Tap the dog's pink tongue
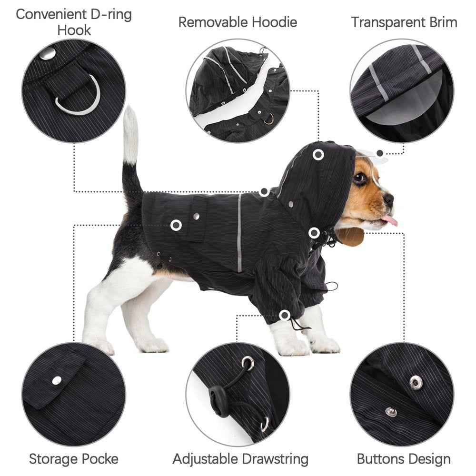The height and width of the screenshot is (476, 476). (390, 220)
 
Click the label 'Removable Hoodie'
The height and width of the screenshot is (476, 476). (238, 22)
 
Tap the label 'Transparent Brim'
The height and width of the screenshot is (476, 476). (404, 22)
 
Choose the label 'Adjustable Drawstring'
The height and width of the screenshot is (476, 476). (240, 459)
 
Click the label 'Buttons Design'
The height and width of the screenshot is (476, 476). (404, 459)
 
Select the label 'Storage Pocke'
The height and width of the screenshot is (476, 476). (73, 459)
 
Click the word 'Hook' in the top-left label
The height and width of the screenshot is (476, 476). (74, 30)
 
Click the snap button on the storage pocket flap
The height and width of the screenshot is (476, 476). (57, 379)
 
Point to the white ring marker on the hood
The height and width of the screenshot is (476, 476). (318, 155)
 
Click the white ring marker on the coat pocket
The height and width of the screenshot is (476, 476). (176, 225)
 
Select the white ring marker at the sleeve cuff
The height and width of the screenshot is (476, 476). (285, 315)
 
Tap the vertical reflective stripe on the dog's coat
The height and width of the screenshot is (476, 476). (239, 233)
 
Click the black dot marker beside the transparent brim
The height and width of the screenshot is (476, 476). (380, 153)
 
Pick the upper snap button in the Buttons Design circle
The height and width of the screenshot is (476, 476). (416, 381)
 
